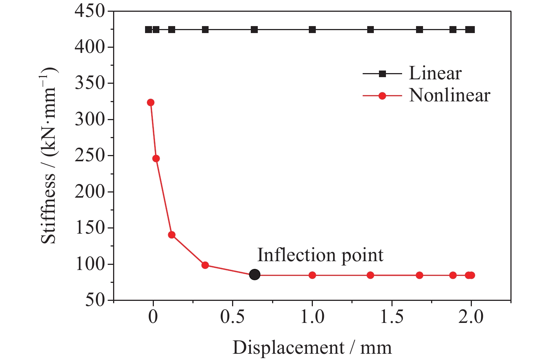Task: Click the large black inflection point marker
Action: (x=254, y=274)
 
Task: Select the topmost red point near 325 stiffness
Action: (x=151, y=102)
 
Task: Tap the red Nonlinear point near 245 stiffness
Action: (x=156, y=159)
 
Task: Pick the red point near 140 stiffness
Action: (x=171, y=235)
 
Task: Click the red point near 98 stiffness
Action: (x=205, y=265)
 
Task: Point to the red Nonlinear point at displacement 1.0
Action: (x=312, y=275)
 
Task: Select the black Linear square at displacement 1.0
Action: (x=312, y=30)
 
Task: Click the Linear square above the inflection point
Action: (x=254, y=30)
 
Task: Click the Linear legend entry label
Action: (x=435, y=73)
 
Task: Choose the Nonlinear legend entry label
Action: (x=449, y=96)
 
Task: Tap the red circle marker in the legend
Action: (x=382, y=96)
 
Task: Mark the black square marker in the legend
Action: (x=382, y=74)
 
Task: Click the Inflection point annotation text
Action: (x=320, y=255)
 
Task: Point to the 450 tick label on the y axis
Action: (x=90, y=11)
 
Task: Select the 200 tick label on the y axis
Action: (x=90, y=192)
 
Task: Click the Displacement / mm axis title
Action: (x=312, y=348)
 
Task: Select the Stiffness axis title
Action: (x=49, y=156)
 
